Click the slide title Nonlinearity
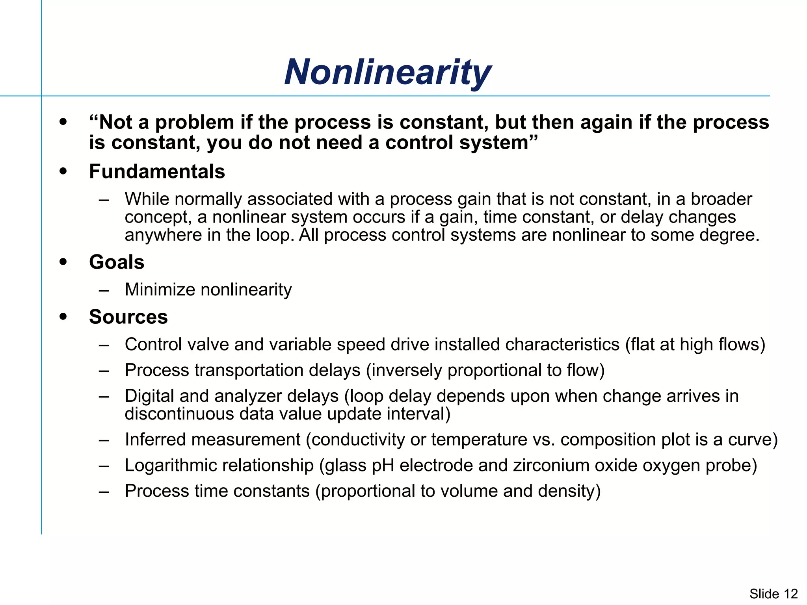(387, 72)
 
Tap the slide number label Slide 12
(773, 594)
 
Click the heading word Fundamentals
(157, 172)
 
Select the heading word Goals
(117, 262)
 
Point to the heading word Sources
(128, 317)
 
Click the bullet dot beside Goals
(63, 262)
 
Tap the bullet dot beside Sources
(63, 317)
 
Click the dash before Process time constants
(104, 492)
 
